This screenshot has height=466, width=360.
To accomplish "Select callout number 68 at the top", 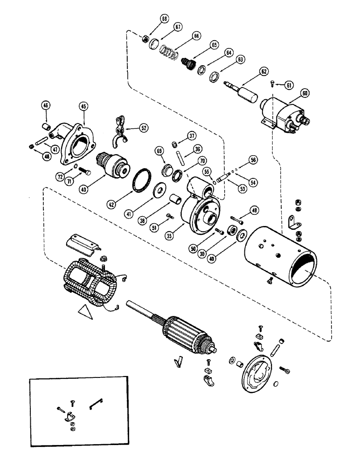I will (151, 19).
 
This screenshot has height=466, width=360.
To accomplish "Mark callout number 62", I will (263, 71).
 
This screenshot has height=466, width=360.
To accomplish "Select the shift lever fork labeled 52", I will (123, 132).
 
